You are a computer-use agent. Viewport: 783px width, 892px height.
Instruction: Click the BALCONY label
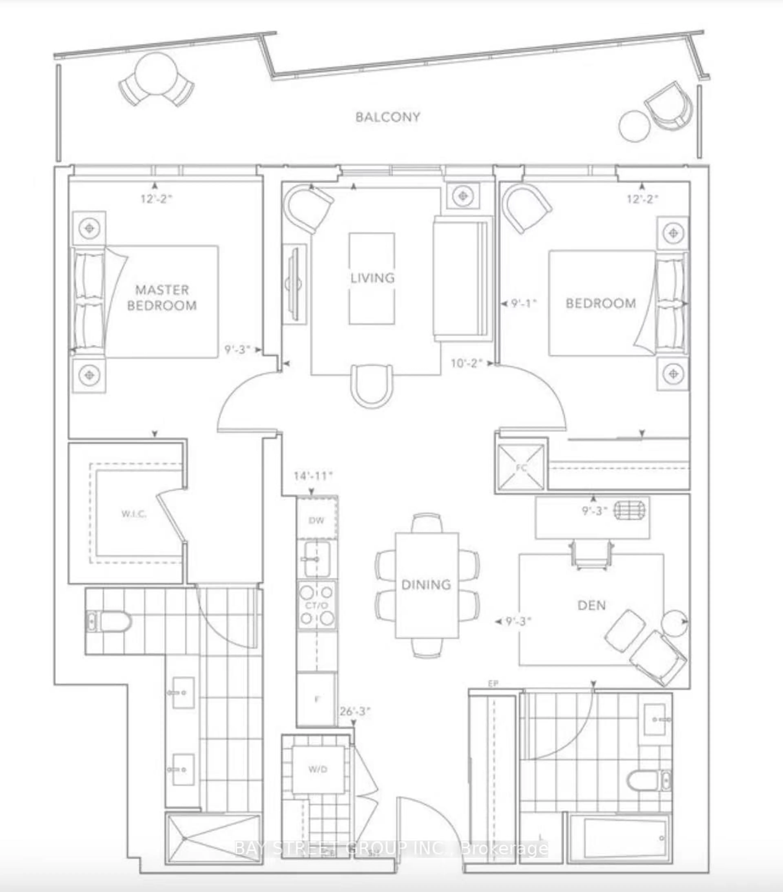(x=387, y=117)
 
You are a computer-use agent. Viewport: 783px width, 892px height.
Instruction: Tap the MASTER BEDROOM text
(x=162, y=298)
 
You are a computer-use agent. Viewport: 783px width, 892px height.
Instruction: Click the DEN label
(x=592, y=605)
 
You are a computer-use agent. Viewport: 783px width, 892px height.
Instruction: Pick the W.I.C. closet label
(x=134, y=514)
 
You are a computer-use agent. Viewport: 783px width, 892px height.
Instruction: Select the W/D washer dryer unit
(x=318, y=769)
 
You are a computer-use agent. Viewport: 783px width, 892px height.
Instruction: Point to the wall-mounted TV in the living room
(x=294, y=284)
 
